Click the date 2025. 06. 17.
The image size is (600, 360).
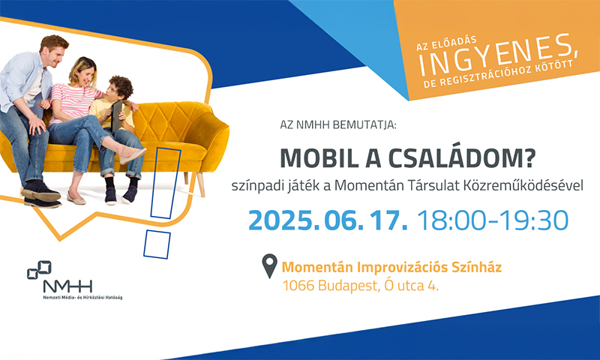[328, 220]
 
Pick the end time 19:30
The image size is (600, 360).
[534, 220]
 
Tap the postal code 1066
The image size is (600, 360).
[298, 286]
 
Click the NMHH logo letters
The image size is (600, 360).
[67, 286]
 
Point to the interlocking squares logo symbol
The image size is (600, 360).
[39, 270]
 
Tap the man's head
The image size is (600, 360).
[54, 50]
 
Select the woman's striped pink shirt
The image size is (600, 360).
[72, 103]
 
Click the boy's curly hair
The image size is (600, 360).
[121, 85]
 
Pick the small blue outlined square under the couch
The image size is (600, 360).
[157, 244]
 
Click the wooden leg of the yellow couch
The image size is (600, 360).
[200, 184]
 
